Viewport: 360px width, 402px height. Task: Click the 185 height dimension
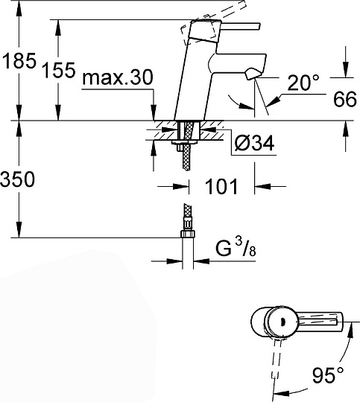coord(19,62)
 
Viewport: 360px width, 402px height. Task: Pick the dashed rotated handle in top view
coord(279,365)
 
